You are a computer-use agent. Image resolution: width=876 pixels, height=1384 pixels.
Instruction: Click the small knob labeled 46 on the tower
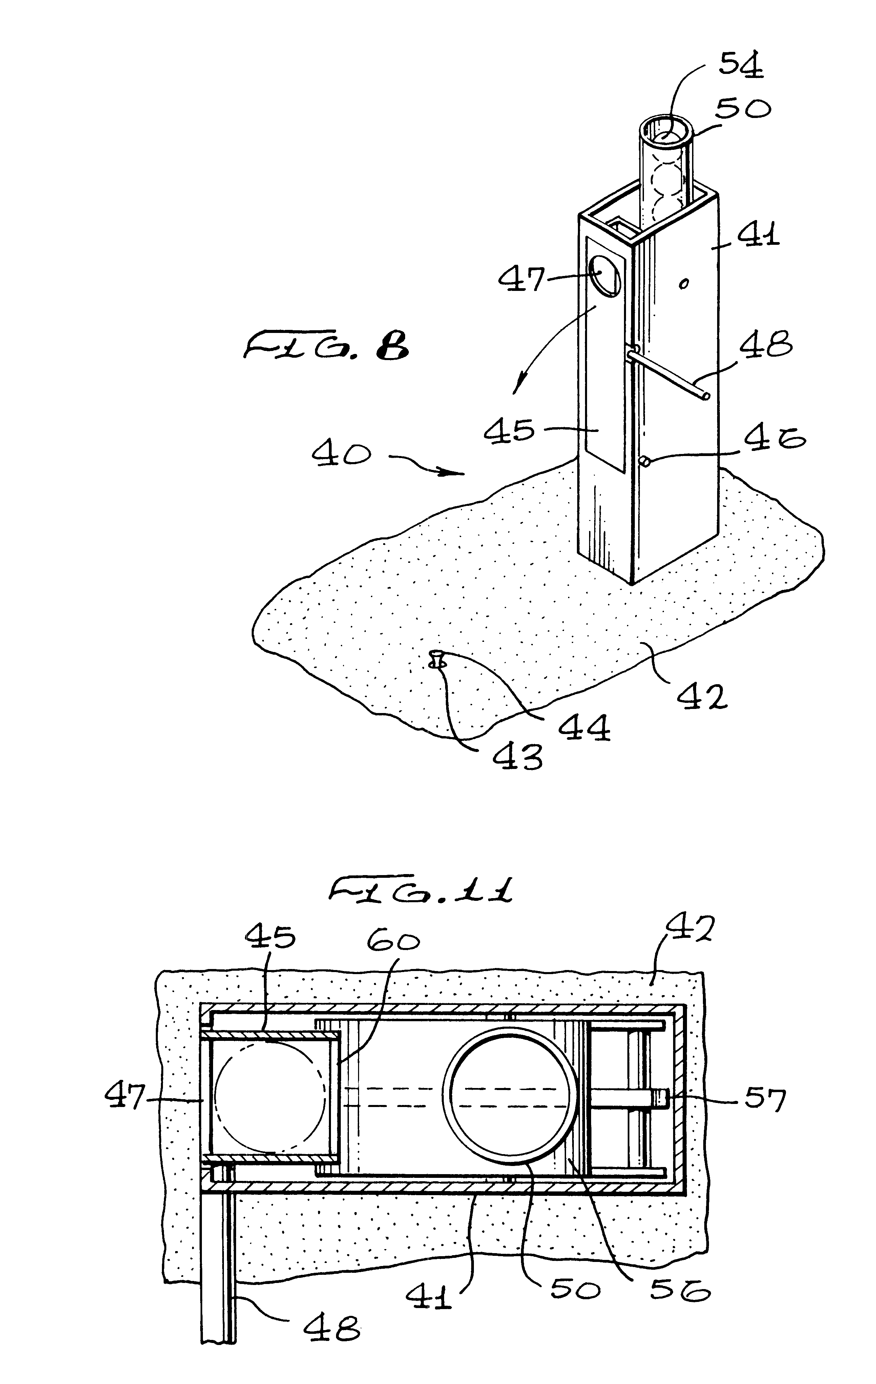(x=645, y=461)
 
